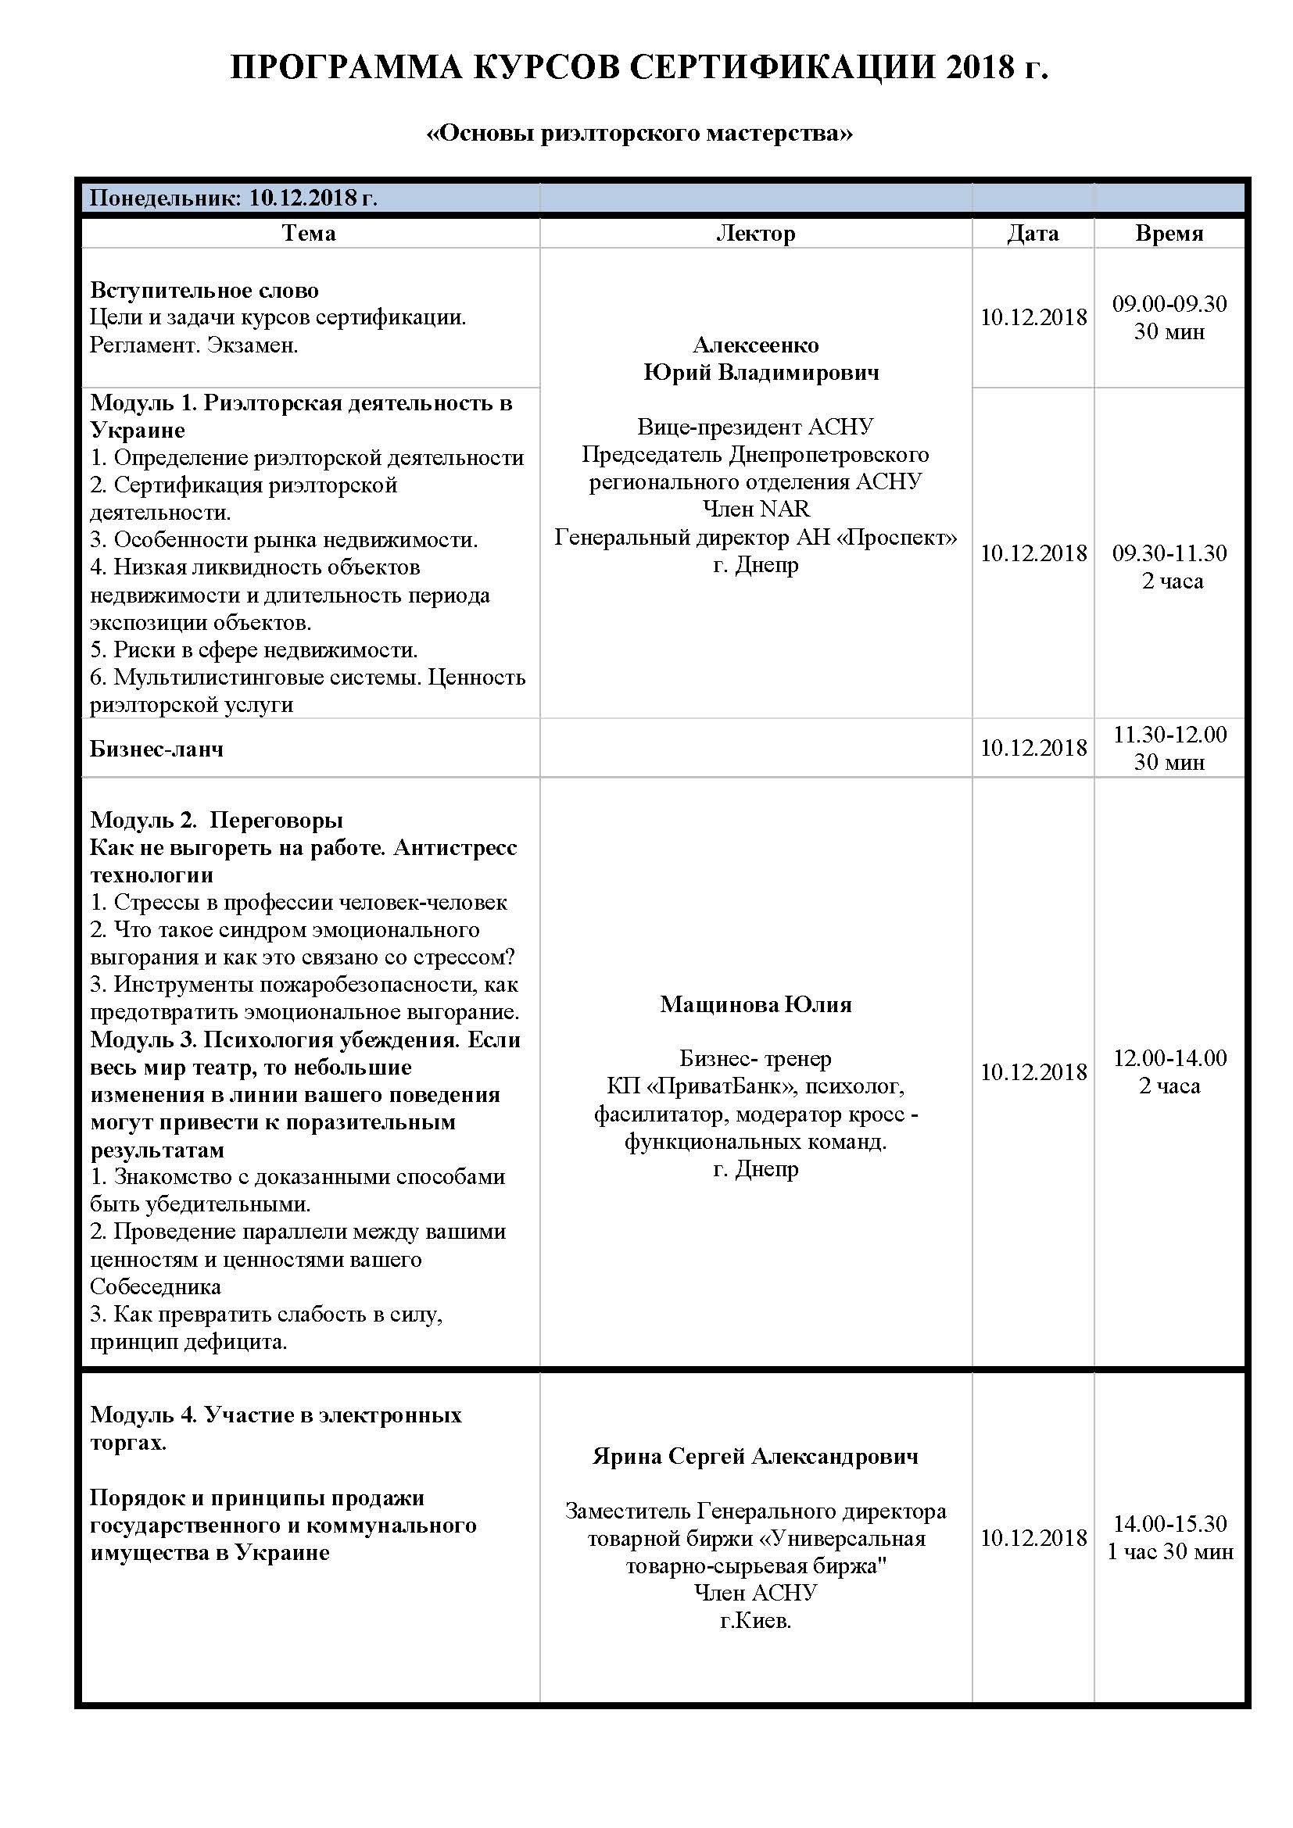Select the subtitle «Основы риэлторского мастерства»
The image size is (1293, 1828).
[x=639, y=132]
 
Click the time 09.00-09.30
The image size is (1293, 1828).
[x=1169, y=303]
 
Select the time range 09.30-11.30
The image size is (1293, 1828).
[x=1169, y=553]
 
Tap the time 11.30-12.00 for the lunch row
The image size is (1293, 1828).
[x=1169, y=734]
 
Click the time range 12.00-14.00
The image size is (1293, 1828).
[x=1169, y=1057]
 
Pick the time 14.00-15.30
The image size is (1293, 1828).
[x=1169, y=1523]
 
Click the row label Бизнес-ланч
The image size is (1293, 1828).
[x=157, y=749]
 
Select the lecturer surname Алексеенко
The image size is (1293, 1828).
[x=756, y=345]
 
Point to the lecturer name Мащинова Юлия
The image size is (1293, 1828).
[x=756, y=1004]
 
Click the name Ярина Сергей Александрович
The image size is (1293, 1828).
[x=756, y=1456]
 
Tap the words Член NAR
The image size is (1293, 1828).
[x=756, y=508]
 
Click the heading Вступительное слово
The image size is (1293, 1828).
[x=205, y=290]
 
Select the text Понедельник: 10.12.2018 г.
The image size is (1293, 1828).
[x=233, y=198]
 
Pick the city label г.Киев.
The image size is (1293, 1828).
[x=756, y=1620]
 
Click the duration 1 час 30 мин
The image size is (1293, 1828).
[x=1169, y=1551]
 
